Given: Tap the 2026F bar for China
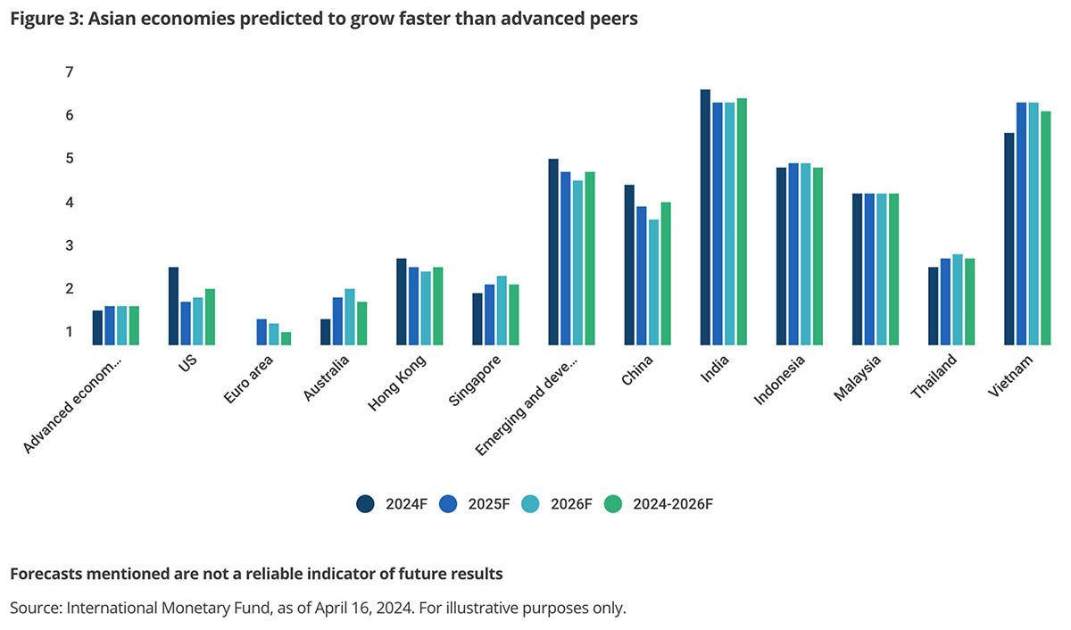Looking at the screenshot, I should click(x=654, y=282).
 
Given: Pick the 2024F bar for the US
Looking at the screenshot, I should click(x=173, y=305).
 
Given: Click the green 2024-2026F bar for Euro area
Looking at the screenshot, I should click(x=286, y=338).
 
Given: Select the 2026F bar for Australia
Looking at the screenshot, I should click(x=350, y=317).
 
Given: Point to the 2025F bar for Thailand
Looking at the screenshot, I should click(x=945, y=302).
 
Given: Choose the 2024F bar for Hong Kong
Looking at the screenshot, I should click(x=402, y=302).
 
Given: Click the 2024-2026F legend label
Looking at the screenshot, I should click(x=673, y=503).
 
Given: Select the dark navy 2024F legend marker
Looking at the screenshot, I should click(x=365, y=503).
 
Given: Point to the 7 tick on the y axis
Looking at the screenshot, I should click(x=70, y=71).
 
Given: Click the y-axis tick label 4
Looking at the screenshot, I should click(x=70, y=203).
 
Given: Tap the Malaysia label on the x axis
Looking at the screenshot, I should click(x=859, y=379).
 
